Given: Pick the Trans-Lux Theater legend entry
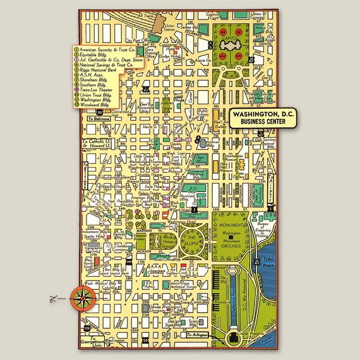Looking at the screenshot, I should coord(104,91).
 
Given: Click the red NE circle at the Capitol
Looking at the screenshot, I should coord(241,32).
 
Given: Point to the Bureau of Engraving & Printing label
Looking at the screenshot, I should coord(263,227).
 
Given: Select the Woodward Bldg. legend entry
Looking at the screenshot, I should coord(105,104).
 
